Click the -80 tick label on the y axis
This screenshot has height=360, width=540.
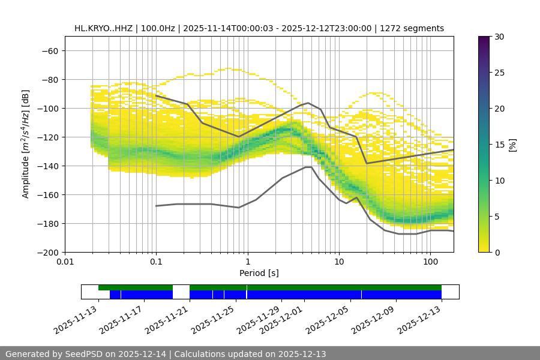49,79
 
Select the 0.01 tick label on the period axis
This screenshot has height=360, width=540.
65,262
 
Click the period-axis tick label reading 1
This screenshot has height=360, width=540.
247,262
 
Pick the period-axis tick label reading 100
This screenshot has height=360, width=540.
430,262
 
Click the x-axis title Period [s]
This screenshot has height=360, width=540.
259,273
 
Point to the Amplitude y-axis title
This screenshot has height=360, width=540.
25,144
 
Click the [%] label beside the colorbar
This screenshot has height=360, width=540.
512,145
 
